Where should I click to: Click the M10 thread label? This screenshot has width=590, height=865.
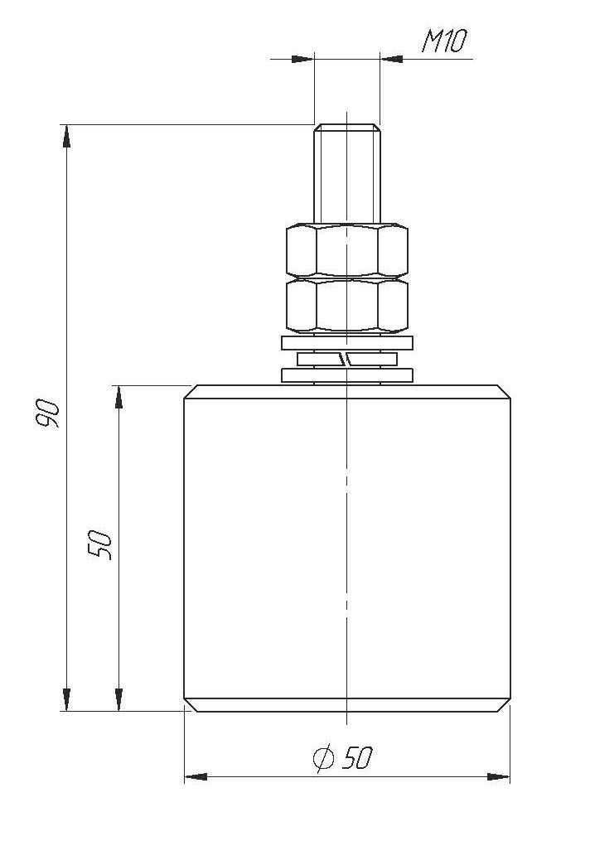click(x=444, y=41)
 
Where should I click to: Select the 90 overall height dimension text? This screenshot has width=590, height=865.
click(x=47, y=413)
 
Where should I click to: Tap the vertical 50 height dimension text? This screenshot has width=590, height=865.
click(x=100, y=545)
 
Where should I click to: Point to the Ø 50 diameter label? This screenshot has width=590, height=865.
click(x=343, y=757)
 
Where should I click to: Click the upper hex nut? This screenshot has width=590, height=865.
click(x=347, y=250)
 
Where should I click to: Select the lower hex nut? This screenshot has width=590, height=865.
click(x=347, y=307)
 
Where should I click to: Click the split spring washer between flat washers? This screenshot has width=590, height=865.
click(x=347, y=360)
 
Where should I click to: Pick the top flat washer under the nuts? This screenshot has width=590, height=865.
click(x=347, y=342)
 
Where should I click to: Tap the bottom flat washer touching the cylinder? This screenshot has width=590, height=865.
click(x=347, y=375)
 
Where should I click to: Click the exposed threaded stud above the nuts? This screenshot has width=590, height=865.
click(x=347, y=174)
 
